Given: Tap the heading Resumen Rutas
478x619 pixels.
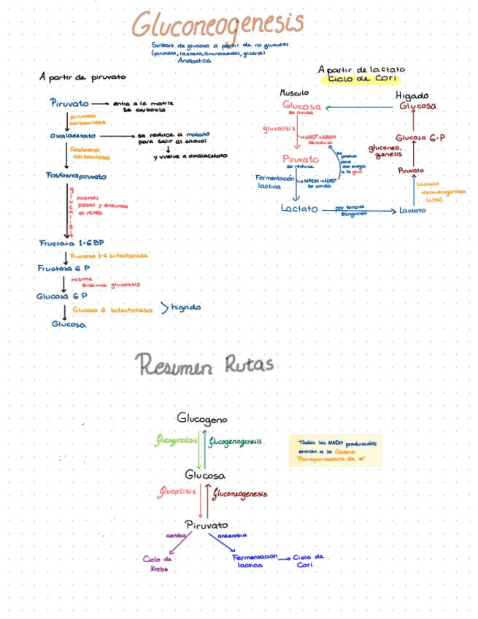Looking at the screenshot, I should pos(204,363).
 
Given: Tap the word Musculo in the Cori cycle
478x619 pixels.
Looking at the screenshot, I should pos(294,93).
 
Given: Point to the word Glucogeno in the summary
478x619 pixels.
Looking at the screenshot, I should pos(202,419).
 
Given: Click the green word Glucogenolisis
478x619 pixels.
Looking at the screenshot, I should pos(177,442).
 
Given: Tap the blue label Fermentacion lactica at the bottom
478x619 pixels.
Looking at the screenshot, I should pos(254,560).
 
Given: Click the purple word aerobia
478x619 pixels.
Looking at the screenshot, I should pos(176,535).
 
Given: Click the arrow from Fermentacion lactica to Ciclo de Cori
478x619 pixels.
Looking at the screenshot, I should pos(286,558).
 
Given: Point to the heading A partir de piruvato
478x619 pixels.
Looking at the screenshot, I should pos(82,77).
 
